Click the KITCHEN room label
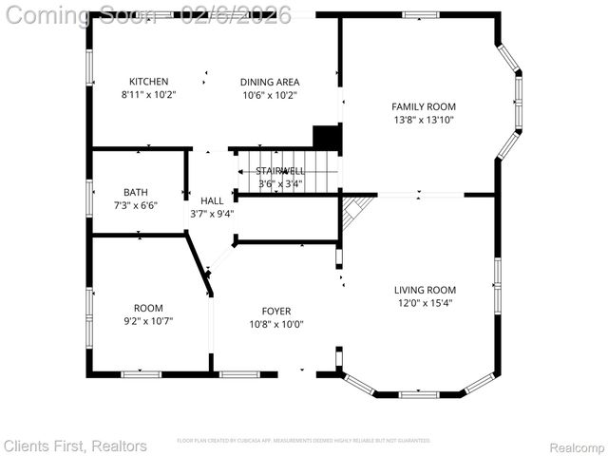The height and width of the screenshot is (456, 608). [149, 82]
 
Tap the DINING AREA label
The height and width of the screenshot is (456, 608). [270, 82]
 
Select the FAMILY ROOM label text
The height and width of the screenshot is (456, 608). [424, 106]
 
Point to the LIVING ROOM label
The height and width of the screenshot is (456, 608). [425, 290]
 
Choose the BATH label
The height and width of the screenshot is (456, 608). [136, 192]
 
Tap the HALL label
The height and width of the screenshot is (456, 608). [212, 200]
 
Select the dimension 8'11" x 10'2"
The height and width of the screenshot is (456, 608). [149, 95]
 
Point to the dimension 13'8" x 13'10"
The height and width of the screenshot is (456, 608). [424, 120]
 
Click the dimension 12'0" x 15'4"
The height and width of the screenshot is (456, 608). [425, 304]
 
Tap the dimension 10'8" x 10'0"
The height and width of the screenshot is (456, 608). [276, 324]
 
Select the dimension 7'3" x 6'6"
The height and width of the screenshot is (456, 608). [136, 205]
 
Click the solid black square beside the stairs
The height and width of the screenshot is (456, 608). [327, 138]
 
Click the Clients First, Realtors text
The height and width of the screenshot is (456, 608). [75, 446]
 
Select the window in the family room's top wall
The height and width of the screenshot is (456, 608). [421, 14]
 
